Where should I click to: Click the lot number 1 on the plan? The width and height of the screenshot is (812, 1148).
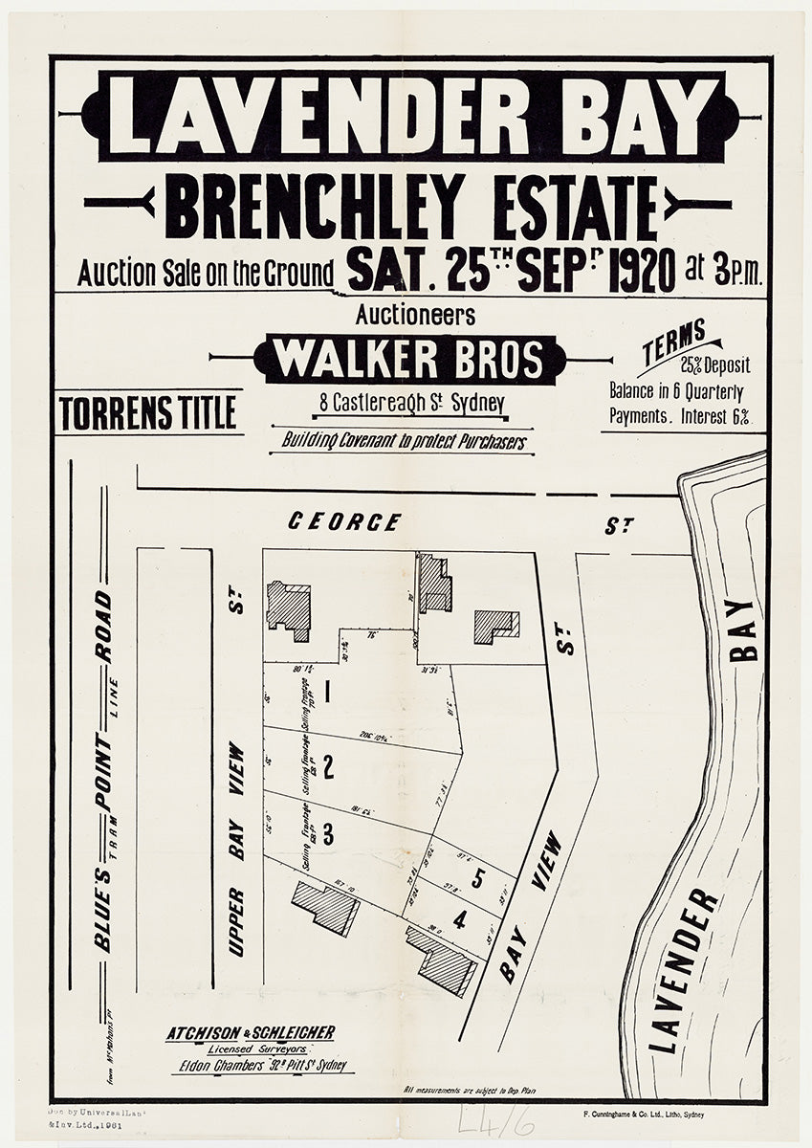tap(327, 690)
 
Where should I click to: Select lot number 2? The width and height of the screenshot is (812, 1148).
tap(328, 765)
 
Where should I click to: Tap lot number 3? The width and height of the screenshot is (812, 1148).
tap(328, 834)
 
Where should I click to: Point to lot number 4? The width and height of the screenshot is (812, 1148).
tap(460, 921)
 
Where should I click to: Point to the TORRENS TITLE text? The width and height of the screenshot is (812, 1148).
tap(148, 413)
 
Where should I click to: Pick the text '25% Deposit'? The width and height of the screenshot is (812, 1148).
tap(715, 365)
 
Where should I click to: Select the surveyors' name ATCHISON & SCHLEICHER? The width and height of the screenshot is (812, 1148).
tap(251, 1032)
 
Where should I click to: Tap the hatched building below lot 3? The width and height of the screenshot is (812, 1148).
tap(326, 906)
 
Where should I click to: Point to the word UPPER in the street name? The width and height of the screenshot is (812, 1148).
tap(236, 921)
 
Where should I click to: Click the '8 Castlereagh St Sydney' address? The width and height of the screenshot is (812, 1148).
tap(413, 404)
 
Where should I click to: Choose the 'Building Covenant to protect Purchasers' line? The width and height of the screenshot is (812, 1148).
tap(402, 442)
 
